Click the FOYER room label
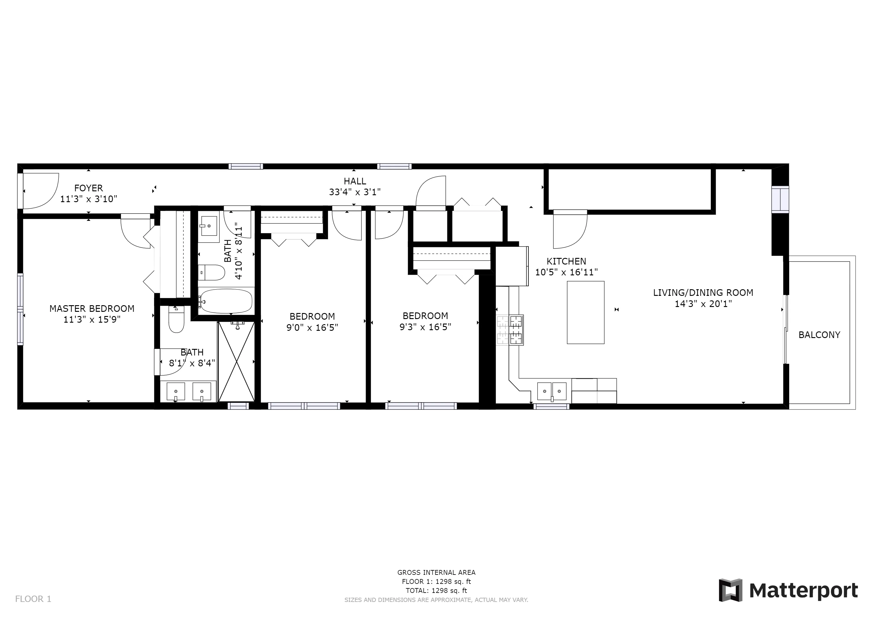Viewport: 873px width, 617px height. pyautogui.click(x=88, y=188)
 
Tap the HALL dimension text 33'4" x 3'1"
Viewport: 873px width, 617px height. pyautogui.click(x=355, y=192)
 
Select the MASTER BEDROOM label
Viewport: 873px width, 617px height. pyautogui.click(x=92, y=308)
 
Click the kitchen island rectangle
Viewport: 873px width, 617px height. pyautogui.click(x=585, y=312)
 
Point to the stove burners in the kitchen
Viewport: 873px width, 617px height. pyautogui.click(x=510, y=330)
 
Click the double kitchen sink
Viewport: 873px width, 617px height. pyautogui.click(x=551, y=391)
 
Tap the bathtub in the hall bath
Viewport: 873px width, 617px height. pyautogui.click(x=226, y=301)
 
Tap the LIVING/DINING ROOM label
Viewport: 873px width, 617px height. pyautogui.click(x=703, y=293)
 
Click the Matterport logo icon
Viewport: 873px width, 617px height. pyautogui.click(x=730, y=590)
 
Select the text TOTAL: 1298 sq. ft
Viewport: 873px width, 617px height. pyautogui.click(x=436, y=591)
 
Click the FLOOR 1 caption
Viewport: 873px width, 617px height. pyautogui.click(x=33, y=599)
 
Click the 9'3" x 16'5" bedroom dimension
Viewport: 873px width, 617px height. pyautogui.click(x=425, y=327)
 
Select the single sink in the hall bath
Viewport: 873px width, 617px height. pyautogui.click(x=208, y=227)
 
